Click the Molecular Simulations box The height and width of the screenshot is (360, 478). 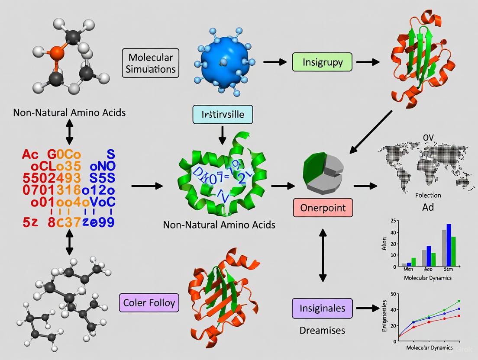(x=151, y=63)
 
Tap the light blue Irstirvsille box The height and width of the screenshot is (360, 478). (x=223, y=115)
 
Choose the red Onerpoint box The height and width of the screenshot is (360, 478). (x=323, y=208)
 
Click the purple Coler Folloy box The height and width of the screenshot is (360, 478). (x=149, y=302)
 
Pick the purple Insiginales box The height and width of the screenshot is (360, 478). (x=322, y=308)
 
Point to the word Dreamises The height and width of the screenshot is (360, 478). (x=322, y=330)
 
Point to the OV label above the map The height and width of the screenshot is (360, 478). (x=428, y=138)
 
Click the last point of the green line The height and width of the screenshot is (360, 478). (x=459, y=301)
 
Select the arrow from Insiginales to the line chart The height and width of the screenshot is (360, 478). (x=366, y=309)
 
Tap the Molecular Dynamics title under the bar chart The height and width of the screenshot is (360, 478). (x=427, y=278)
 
